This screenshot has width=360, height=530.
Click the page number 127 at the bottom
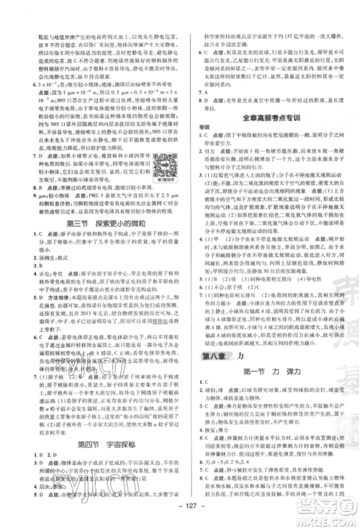click(x=180, y=516)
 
